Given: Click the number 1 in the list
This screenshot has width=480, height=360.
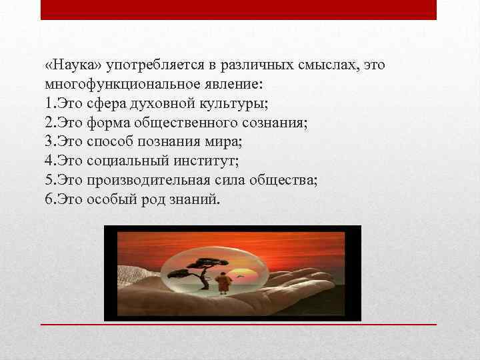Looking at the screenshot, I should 49,104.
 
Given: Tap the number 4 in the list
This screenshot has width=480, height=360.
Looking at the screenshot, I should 49,160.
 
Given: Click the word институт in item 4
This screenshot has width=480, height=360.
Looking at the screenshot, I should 196,160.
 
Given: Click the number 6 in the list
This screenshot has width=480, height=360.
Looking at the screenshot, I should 49,197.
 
